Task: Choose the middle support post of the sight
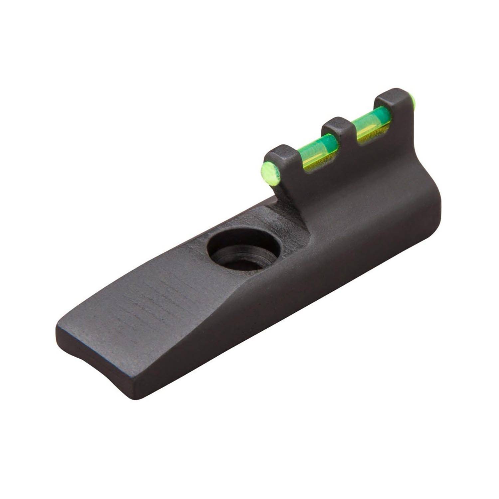pyautogui.click(x=339, y=136)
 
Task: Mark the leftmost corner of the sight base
pyautogui.click(x=57, y=328)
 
